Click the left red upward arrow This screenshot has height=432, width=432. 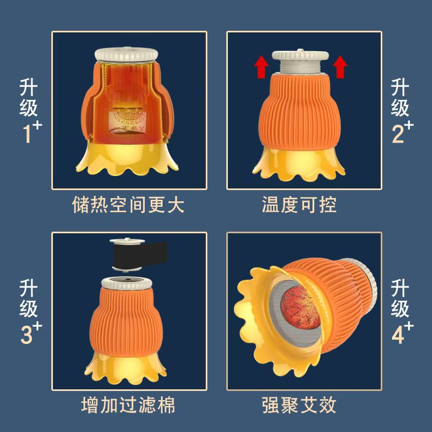(x=261, y=66)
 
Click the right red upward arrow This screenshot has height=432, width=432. (x=340, y=66)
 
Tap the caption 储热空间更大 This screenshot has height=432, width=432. (x=128, y=205)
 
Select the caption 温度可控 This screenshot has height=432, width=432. (x=299, y=205)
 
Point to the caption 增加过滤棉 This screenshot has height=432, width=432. (x=128, y=405)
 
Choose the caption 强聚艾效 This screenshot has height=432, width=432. (x=299, y=405)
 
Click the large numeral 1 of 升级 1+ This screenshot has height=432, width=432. (x=28, y=134)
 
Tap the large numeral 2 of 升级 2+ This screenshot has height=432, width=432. (x=398, y=134)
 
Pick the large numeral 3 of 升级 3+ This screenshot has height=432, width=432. (x=26, y=334)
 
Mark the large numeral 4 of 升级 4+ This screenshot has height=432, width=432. (x=398, y=334)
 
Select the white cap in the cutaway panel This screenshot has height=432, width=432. (x=126, y=55)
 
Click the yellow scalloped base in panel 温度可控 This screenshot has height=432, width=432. (x=299, y=164)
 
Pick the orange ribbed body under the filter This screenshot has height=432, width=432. (x=126, y=321)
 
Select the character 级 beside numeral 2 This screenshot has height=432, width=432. (x=400, y=107)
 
